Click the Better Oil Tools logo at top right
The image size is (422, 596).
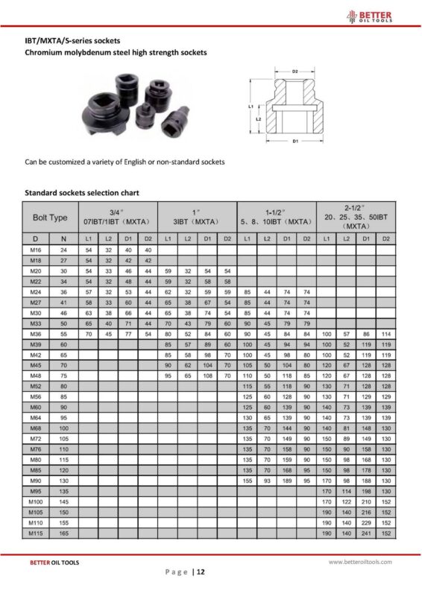click(381, 16)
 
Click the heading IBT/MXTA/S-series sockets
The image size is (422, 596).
click(72, 40)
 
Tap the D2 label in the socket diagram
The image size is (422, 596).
click(295, 72)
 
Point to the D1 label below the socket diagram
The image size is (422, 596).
click(295, 141)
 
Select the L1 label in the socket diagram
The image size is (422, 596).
click(251, 107)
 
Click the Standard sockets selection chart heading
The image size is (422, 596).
click(82, 193)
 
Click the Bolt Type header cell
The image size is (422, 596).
click(50, 218)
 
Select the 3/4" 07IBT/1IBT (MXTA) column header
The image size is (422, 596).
click(119, 218)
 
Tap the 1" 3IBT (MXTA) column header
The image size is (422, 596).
click(198, 218)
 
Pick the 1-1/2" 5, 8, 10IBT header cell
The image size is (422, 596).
click(276, 218)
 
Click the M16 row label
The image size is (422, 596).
click(35, 250)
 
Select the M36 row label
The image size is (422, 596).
click(35, 334)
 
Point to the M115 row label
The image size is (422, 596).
click(35, 533)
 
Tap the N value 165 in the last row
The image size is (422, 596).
click(63, 533)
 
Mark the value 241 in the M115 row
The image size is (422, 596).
click(366, 533)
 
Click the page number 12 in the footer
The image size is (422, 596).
click(201, 571)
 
